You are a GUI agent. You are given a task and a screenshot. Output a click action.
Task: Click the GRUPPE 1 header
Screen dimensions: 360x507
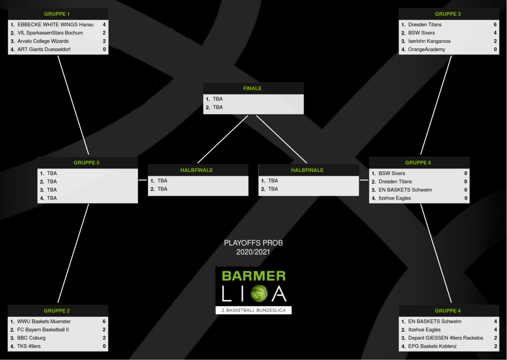[57, 14]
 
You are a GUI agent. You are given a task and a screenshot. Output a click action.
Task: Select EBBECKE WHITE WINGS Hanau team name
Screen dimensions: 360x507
[55, 24]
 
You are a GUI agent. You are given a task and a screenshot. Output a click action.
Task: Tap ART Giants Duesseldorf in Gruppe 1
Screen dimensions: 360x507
[44, 50]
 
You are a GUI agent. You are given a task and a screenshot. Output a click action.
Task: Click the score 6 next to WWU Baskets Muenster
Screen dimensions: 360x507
[104, 321]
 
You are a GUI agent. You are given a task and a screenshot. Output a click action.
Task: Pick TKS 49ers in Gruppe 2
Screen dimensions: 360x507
[29, 346]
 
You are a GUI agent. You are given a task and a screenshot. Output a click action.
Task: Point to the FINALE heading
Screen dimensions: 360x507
[253, 89]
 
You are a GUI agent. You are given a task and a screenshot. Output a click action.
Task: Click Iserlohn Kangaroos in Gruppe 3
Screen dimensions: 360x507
[429, 41]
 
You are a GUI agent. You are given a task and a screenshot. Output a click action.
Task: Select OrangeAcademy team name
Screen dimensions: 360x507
[426, 50]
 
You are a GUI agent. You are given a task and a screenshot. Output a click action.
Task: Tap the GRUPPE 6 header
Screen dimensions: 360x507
[418, 162]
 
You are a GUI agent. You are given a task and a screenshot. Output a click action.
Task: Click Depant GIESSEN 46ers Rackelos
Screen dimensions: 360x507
[446, 338]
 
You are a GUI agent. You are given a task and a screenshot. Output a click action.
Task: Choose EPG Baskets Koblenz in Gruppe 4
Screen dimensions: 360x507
[432, 346]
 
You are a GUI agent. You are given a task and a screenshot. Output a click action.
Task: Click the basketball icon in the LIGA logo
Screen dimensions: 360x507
[258, 294]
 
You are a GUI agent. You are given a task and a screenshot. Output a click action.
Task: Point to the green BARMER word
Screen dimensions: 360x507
[253, 276]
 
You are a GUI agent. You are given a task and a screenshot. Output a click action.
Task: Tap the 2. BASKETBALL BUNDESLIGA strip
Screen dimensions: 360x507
[253, 310]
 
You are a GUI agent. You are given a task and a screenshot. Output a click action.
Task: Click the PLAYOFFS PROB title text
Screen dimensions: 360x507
[253, 243]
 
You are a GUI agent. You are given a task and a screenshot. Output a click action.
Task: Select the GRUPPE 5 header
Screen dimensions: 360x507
[87, 162]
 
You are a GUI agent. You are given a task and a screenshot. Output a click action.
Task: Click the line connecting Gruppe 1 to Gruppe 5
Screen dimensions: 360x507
[73, 105]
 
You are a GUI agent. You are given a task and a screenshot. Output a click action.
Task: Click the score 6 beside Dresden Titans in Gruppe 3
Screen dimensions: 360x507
[495, 24]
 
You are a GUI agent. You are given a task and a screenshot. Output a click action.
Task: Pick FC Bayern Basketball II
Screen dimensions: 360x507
[43, 330]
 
